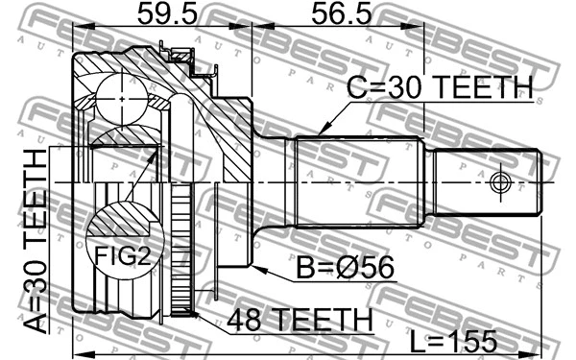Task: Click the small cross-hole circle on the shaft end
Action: [499, 181]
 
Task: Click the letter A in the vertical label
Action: [36, 320]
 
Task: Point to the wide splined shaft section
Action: [360, 182]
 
